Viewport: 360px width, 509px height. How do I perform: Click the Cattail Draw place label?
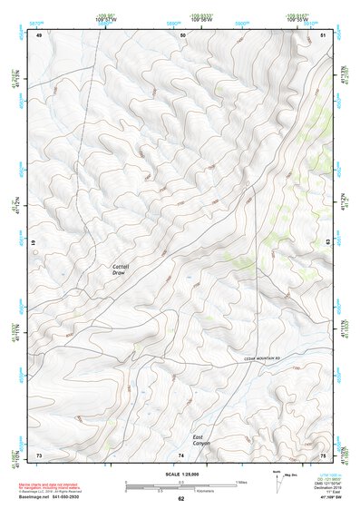coord(121,269)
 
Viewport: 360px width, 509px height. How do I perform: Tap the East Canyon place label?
coord(204,440)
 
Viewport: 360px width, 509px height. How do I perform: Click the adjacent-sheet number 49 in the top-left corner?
coord(39,34)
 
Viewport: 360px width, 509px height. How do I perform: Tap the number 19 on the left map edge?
coord(34,244)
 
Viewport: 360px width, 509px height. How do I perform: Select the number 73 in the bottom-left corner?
coord(39,454)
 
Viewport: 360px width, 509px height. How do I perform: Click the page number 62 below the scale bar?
coord(180,499)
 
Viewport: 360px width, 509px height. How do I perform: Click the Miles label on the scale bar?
coord(241,481)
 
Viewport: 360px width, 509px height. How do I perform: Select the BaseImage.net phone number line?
coord(68,497)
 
